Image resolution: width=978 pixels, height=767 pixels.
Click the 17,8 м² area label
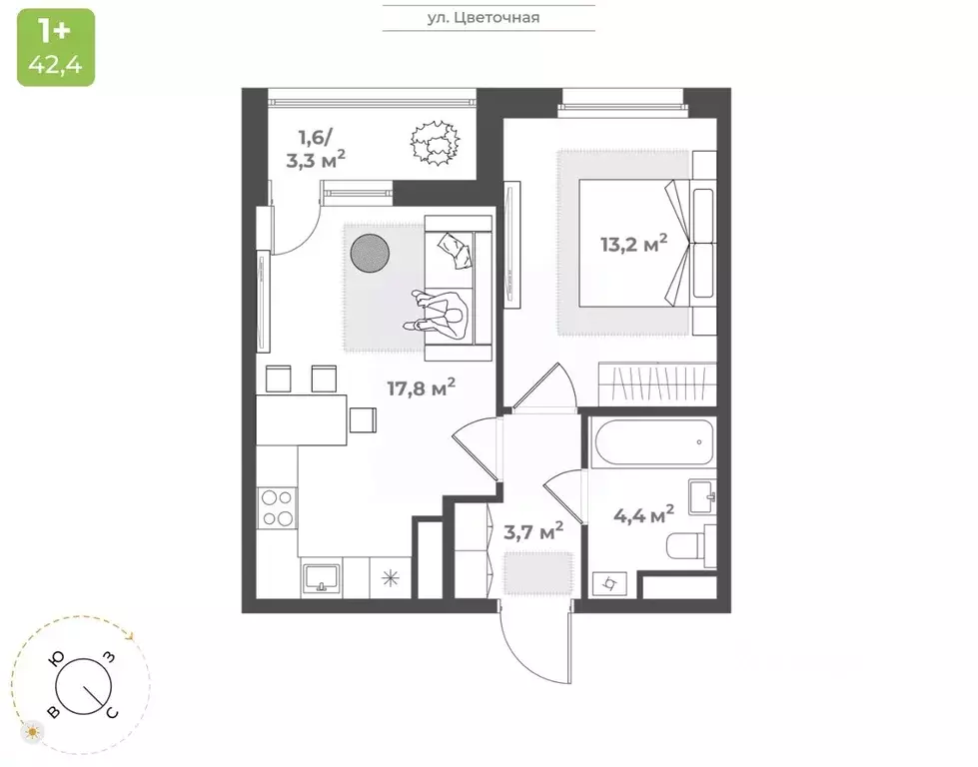tap(422, 386)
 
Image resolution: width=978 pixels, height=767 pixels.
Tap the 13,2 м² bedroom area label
tap(633, 245)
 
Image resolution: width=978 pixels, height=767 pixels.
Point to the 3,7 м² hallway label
tap(532, 531)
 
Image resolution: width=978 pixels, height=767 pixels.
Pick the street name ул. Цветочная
tap(489, 17)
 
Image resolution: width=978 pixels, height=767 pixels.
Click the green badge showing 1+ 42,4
tap(56, 47)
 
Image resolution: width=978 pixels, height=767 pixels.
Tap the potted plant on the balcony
tap(434, 141)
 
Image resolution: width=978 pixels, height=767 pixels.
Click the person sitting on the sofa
tap(441, 313)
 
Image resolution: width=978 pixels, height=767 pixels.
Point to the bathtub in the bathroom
tap(650, 439)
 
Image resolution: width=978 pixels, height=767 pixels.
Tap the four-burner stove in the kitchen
tap(276, 507)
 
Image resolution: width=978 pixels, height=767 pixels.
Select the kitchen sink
tap(321, 576)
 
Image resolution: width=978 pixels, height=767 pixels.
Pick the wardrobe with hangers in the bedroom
tap(655, 383)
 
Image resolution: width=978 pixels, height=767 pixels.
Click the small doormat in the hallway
tap(536, 573)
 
